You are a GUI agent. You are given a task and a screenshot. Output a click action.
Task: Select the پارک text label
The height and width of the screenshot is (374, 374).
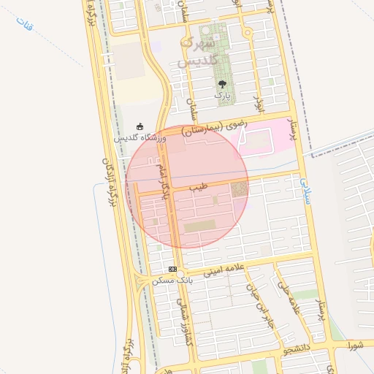[222, 96]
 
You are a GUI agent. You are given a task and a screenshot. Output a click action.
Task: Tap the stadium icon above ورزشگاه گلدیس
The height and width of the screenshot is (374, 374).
[140, 126]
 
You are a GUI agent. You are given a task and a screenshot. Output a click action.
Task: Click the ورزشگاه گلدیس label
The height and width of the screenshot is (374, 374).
[140, 137]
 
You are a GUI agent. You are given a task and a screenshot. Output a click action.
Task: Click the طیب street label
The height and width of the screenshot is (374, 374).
[199, 188]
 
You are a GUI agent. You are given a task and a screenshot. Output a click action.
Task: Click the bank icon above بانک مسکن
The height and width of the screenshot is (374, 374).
[172, 270]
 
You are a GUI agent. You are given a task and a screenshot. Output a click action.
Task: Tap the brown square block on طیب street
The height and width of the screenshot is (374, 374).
[240, 190]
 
